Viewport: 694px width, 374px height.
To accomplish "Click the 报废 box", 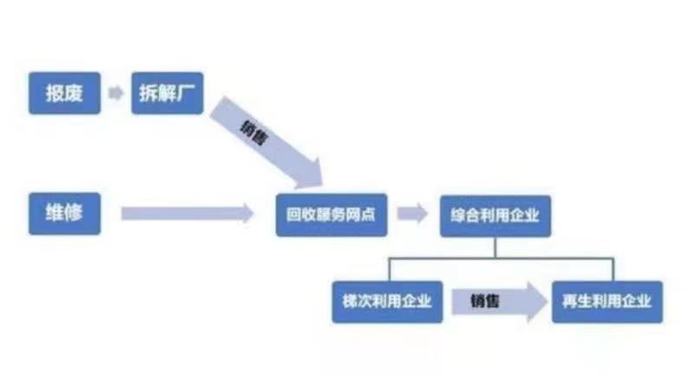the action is (x=64, y=93).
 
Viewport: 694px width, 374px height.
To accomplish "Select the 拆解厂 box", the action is (x=167, y=93).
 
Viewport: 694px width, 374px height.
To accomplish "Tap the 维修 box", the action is (x=64, y=213).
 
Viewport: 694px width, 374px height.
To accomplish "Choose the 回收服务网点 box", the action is (x=331, y=214).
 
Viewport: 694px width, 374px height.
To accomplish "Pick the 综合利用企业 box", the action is (x=495, y=215).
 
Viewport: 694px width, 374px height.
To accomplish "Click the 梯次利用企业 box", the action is (x=387, y=302).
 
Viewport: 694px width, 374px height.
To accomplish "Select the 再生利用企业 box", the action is (x=607, y=302).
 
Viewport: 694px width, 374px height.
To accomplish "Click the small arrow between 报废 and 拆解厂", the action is (x=116, y=93).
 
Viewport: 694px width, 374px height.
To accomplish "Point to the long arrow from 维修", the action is (x=187, y=213).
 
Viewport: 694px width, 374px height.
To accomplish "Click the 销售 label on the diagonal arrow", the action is (x=254, y=134).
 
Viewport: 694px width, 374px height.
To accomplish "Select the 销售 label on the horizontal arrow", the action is (x=485, y=301).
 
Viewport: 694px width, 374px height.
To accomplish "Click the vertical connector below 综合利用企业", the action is (x=495, y=247).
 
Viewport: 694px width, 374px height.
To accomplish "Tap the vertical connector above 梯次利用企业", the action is (x=390, y=269).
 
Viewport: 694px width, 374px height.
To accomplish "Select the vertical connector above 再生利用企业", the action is (x=613, y=269).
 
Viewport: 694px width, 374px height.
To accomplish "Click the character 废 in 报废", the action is (x=74, y=93).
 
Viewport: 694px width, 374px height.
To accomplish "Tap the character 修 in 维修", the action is (x=74, y=213).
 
